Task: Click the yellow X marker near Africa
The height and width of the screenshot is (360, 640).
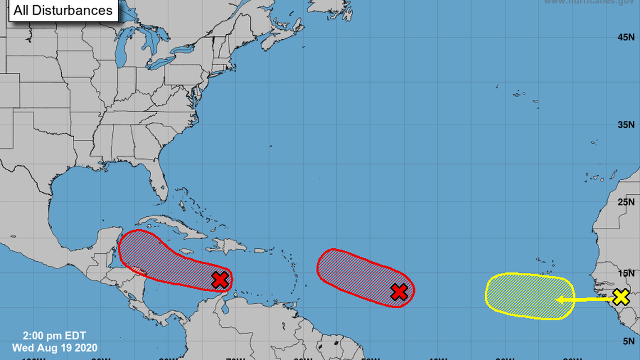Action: pyautogui.click(x=620, y=297)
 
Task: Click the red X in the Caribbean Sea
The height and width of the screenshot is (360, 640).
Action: pyautogui.click(x=220, y=279)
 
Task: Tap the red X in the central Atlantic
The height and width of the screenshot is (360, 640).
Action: pyautogui.click(x=399, y=291)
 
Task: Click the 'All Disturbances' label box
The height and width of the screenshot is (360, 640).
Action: pyautogui.click(x=62, y=10)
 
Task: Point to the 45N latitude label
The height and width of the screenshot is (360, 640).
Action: pyautogui.click(x=625, y=37)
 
